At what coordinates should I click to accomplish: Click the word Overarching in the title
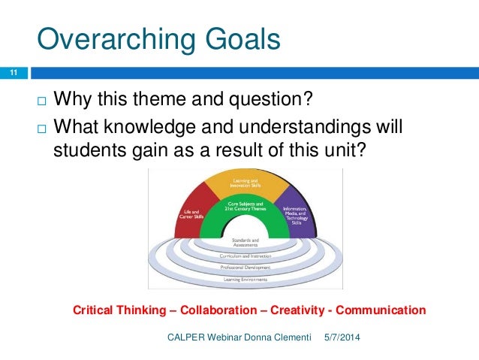click(112, 38)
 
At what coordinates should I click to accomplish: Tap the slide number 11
click(13, 73)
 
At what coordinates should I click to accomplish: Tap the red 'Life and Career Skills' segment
click(191, 213)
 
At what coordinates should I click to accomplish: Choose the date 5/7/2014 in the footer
click(342, 337)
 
